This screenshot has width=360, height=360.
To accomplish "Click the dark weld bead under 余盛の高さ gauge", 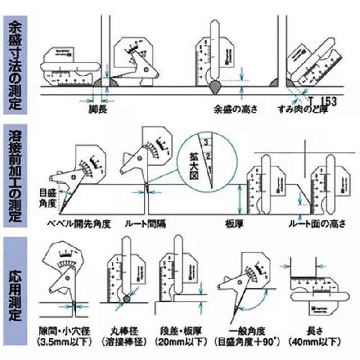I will [x=216, y=85].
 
